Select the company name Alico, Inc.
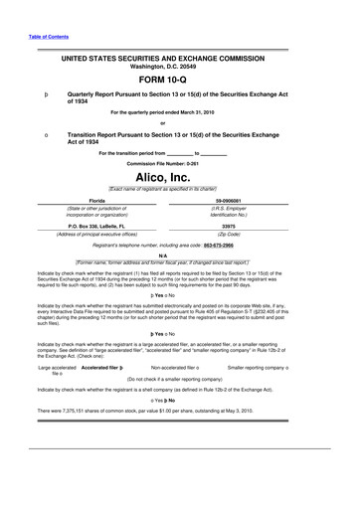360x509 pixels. [179, 175]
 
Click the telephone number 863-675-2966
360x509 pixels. [231, 244]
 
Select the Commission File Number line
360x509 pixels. [179, 161]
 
